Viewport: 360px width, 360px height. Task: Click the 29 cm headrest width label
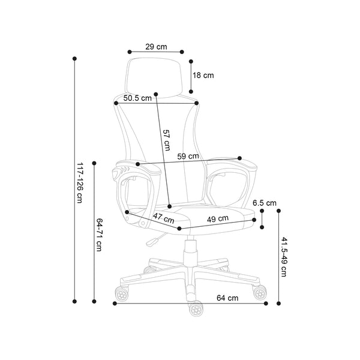(156, 47)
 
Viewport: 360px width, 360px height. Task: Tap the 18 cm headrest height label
(203, 76)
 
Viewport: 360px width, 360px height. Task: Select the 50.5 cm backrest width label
(137, 98)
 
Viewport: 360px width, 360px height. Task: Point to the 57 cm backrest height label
(166, 140)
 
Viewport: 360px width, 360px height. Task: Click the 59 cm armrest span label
(188, 157)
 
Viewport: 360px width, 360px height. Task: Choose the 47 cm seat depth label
(164, 218)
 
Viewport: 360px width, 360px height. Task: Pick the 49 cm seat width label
(218, 219)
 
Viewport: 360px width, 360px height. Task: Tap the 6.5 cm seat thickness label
(265, 203)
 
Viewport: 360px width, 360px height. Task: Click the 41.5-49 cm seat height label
(284, 257)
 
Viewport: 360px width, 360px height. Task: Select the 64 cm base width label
(227, 298)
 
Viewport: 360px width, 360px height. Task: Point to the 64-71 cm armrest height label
(99, 235)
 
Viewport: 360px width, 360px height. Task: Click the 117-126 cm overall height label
(80, 183)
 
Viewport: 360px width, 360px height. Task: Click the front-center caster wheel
(196, 308)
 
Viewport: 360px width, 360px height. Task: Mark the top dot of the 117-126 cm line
(74, 59)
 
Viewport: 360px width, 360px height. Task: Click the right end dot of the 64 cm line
(266, 304)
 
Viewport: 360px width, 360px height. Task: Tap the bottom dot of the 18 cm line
(191, 92)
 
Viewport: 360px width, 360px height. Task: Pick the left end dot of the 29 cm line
(130, 52)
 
